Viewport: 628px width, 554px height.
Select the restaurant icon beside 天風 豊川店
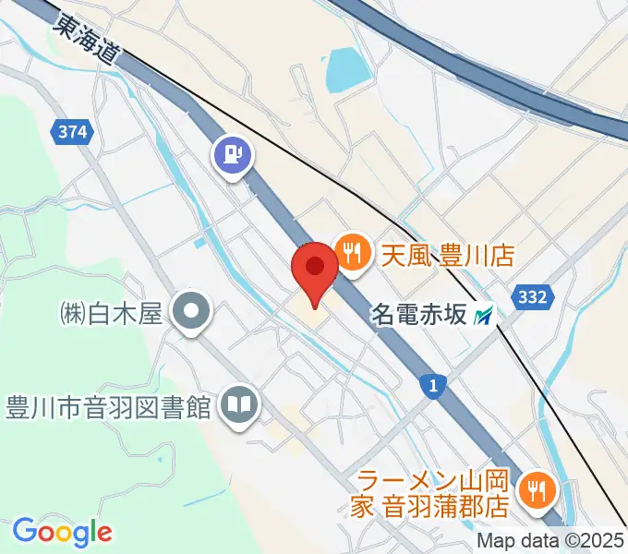[351, 251]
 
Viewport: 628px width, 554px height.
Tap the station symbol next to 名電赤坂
[483, 317]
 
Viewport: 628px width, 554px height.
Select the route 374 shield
[72, 132]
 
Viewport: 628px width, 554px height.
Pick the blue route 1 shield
[431, 385]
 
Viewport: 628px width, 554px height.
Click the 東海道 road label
[87, 39]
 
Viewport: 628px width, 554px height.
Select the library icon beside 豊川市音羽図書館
[239, 406]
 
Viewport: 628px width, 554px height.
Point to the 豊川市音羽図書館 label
[110, 406]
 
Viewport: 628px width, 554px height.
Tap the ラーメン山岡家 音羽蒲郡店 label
[434, 493]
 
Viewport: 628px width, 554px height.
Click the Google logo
[62, 532]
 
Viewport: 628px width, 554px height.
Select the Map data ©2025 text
[550, 541]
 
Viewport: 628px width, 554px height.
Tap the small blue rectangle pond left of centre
[200, 244]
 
